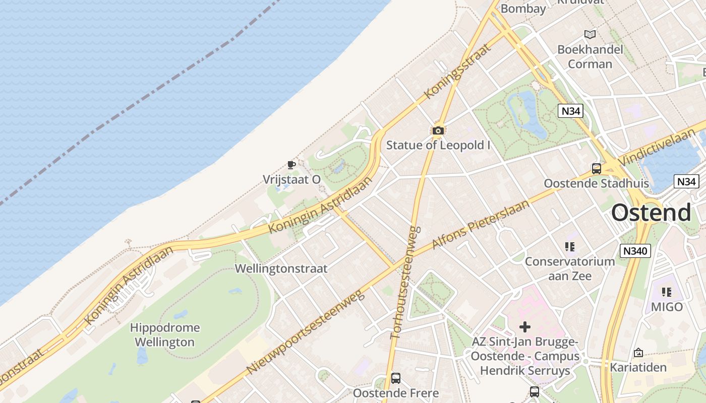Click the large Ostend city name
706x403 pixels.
[x=651, y=213]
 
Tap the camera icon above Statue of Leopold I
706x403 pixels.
[x=438, y=131]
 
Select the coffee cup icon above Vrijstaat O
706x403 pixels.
[x=291, y=164]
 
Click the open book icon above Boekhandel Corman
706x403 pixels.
[x=590, y=34]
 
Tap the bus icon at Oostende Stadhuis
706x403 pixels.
[x=597, y=169]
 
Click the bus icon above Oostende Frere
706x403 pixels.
[x=396, y=378]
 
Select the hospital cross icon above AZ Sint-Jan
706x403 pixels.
[x=525, y=327]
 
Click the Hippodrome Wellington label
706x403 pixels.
[x=165, y=335]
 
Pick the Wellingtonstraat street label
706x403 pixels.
[x=281, y=268]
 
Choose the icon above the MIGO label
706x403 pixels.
[x=667, y=292]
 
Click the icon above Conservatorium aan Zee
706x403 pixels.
[x=570, y=247]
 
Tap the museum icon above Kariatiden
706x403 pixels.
[x=638, y=353]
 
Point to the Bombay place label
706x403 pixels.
[x=523, y=9]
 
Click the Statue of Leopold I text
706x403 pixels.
[x=438, y=145]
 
